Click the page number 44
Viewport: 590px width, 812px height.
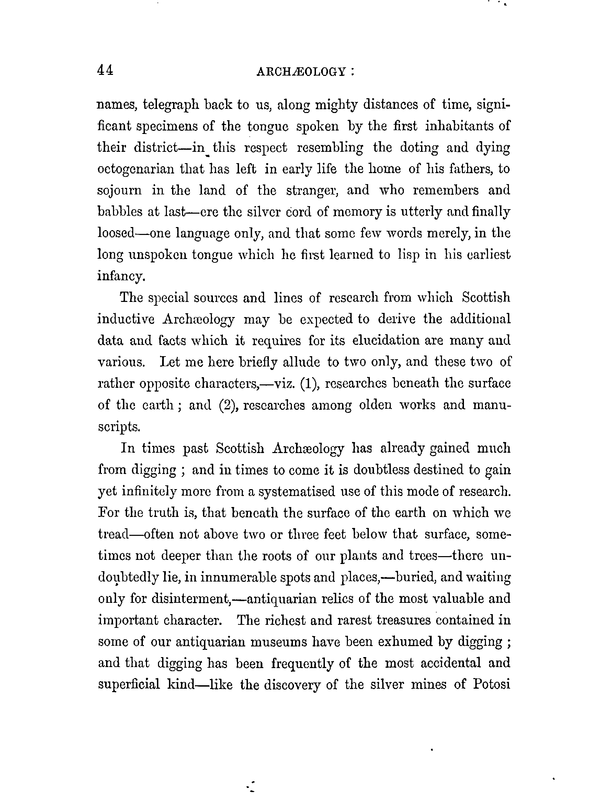tap(105, 70)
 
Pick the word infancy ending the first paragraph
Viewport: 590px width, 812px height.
tap(121, 276)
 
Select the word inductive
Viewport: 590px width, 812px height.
tap(126, 319)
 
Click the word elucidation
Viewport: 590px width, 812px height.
tap(386, 340)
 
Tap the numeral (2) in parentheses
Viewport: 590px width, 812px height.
tap(228, 405)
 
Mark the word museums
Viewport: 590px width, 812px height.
tap(279, 642)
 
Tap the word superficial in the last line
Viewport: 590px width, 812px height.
tap(129, 685)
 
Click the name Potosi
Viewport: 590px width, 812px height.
tap(491, 685)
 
